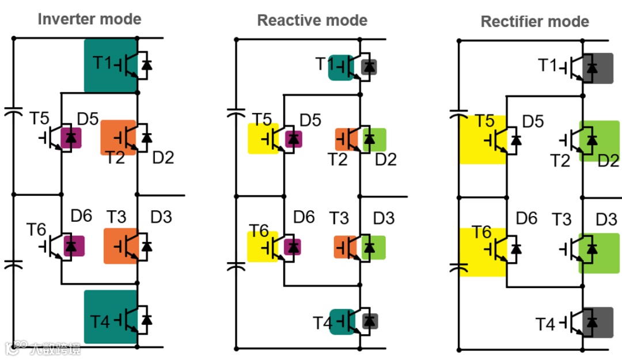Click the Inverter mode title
pos(89,19)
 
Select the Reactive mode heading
pos(312,20)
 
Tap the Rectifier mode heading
pos(534,21)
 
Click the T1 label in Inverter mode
pos(103,63)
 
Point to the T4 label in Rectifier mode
pos(545,324)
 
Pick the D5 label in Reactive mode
pos(310,120)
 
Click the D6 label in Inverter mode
pos(81,216)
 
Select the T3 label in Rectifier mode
pos(562,219)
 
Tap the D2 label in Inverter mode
pos(163,158)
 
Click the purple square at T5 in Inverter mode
pos(71,138)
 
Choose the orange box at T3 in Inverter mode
pos(120,246)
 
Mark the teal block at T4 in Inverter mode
pos(111,317)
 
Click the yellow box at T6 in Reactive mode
pos(262,247)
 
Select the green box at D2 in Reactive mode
pos(374,140)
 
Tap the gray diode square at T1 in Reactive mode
pos(369,67)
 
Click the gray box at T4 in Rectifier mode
pos(598,323)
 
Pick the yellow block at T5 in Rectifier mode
pos(483,140)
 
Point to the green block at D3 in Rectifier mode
pos(599,253)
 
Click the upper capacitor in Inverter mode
pos(13,111)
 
